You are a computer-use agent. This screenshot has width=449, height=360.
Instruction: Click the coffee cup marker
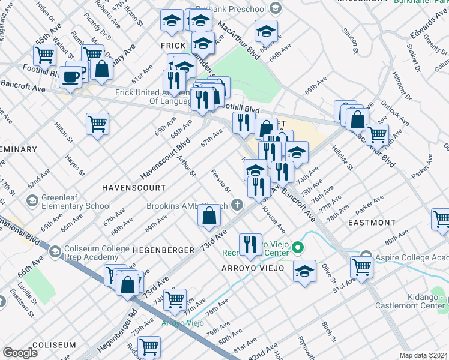(71, 77)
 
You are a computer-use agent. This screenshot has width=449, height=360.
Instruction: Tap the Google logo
(20, 353)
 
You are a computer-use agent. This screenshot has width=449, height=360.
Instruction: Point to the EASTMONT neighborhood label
(372, 222)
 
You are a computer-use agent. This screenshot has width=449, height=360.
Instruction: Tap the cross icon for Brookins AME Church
(238, 206)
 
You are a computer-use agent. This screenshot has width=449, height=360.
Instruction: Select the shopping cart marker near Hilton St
(97, 124)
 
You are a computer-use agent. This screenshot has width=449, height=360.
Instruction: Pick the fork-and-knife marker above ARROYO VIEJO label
(250, 244)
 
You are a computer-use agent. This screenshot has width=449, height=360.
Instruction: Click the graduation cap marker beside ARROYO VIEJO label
(304, 270)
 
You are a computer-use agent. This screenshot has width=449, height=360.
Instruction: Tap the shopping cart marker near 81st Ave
(362, 266)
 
